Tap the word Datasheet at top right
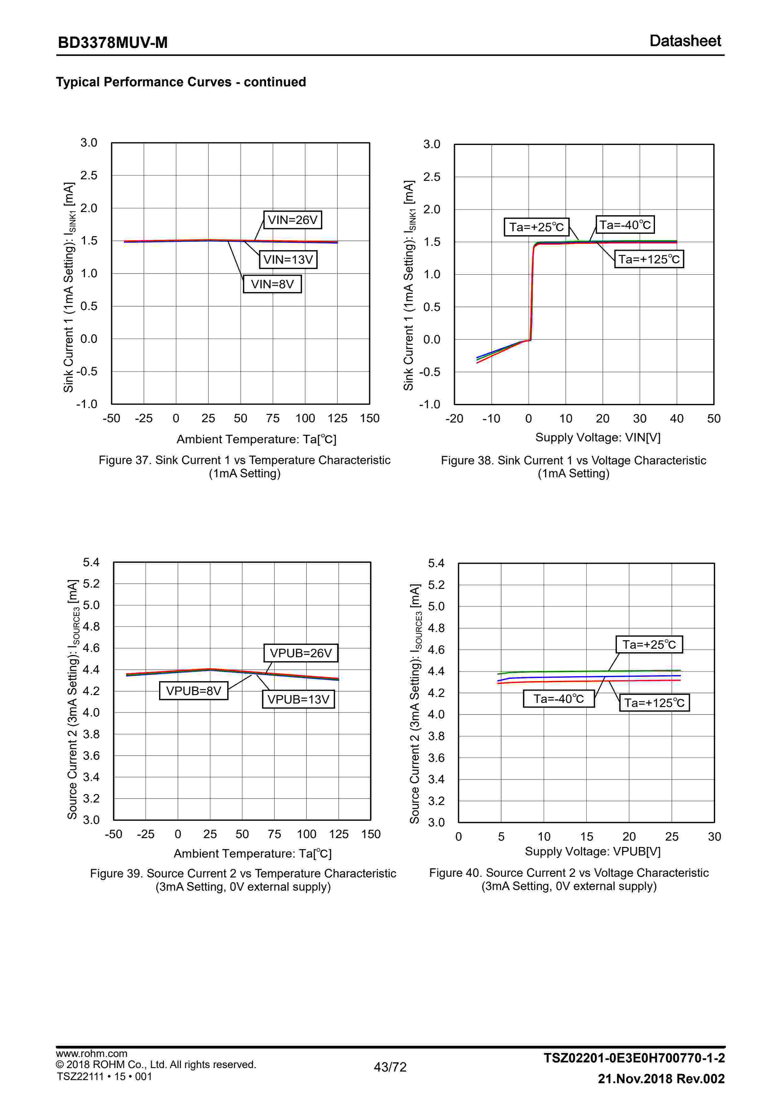point(685,41)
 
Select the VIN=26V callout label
point(292,220)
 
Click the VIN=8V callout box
point(272,284)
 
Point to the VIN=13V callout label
point(288,260)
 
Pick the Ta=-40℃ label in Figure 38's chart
point(625,225)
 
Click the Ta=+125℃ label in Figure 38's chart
point(649,259)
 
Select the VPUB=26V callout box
point(301,653)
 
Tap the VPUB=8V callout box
point(193,691)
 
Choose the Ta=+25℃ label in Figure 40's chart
point(649,644)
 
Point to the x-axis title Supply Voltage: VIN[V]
point(598,438)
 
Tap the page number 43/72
point(390,1067)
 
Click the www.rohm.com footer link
point(91,1054)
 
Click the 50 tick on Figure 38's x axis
point(714,419)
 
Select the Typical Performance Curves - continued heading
point(181,82)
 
